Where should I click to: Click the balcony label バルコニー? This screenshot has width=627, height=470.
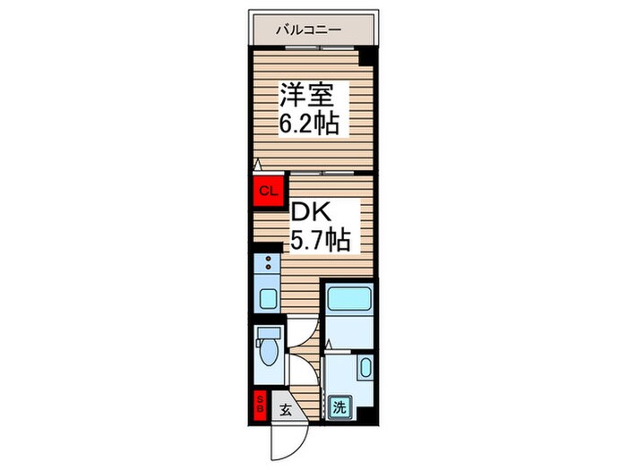pyautogui.click(x=309, y=30)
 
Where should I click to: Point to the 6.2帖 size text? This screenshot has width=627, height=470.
pyautogui.click(x=308, y=124)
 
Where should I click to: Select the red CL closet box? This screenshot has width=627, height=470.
pyautogui.click(x=267, y=190)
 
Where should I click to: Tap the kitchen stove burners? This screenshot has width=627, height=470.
pyautogui.click(x=266, y=263)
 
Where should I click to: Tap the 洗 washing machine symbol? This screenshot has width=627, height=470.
pyautogui.click(x=340, y=407)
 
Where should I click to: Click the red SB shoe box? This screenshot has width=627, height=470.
pyautogui.click(x=261, y=406)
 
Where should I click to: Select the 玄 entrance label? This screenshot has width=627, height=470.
pyautogui.click(x=285, y=411)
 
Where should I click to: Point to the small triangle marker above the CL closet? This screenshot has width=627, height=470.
pyautogui.click(x=257, y=166)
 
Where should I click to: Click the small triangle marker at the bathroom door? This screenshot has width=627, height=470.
pyautogui.click(x=330, y=344)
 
